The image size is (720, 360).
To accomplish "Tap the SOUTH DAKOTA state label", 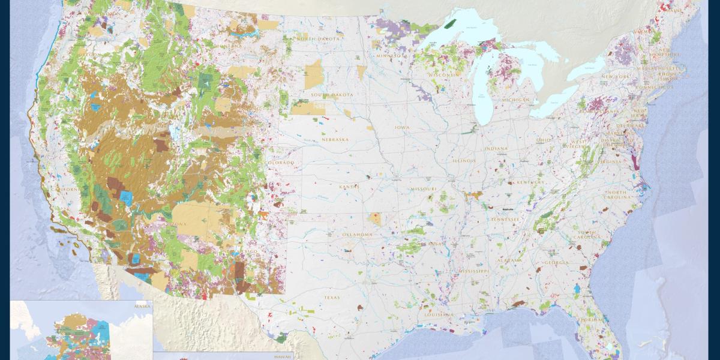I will [x=332, y=95].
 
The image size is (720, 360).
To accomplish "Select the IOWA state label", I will [x=401, y=128].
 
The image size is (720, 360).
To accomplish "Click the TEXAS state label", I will [x=331, y=297].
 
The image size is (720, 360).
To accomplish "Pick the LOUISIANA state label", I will [x=438, y=314].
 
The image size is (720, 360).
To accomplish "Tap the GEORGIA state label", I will [x=556, y=263].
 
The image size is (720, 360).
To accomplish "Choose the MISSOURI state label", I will [x=424, y=189].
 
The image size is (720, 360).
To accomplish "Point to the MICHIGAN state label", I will [x=516, y=100].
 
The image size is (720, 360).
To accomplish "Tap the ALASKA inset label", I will [x=142, y=306].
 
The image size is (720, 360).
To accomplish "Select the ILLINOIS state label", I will [x=464, y=161].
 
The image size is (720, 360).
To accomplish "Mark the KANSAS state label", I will [x=349, y=187].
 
